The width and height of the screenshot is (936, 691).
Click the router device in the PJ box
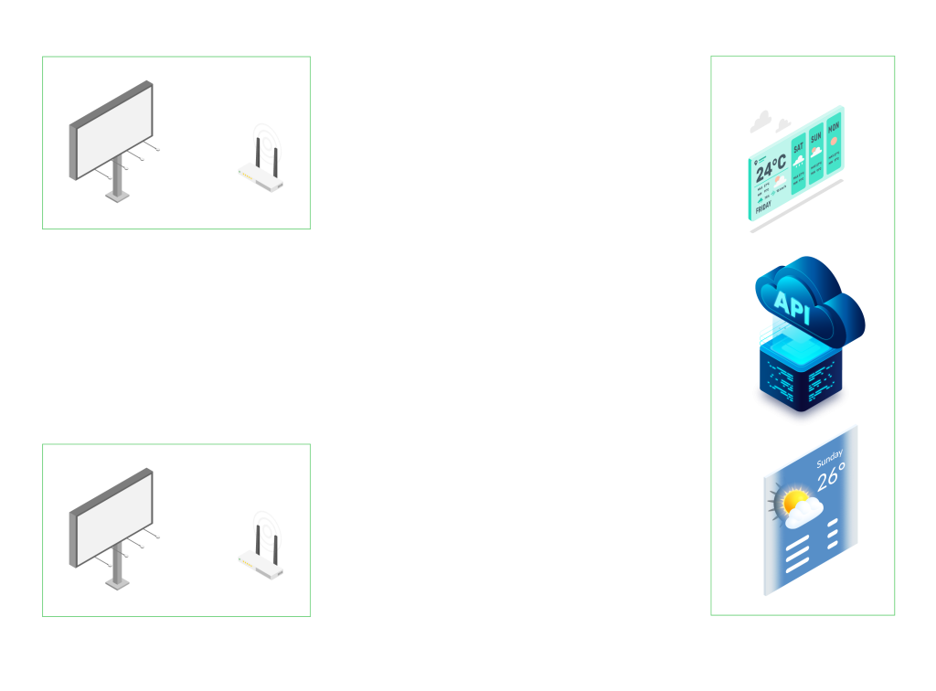pyautogui.click(x=261, y=161)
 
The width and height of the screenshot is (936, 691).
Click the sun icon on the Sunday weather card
pyautogui.click(x=792, y=502)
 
